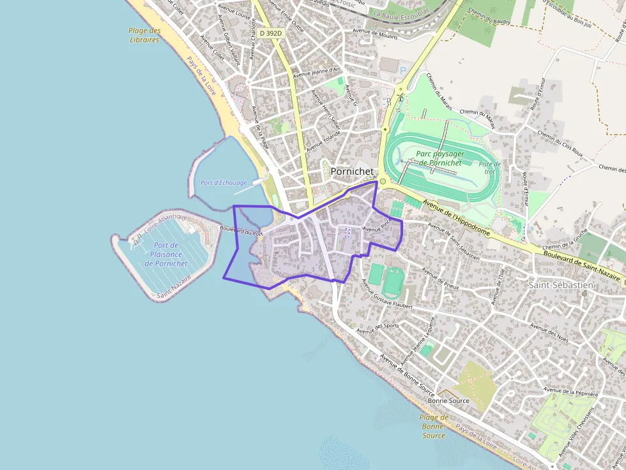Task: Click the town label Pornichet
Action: pyautogui.click(x=352, y=172)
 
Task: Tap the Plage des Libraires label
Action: pyautogui.click(x=144, y=35)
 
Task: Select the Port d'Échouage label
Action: pyautogui.click(x=224, y=182)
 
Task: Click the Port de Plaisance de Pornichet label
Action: pyautogui.click(x=166, y=254)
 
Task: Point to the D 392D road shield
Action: pyautogui.click(x=270, y=32)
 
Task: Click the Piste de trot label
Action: pyautogui.click(x=490, y=168)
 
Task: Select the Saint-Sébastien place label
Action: pyautogui.click(x=561, y=285)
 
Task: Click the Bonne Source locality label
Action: pyautogui.click(x=448, y=400)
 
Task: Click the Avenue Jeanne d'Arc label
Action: pyautogui.click(x=317, y=72)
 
